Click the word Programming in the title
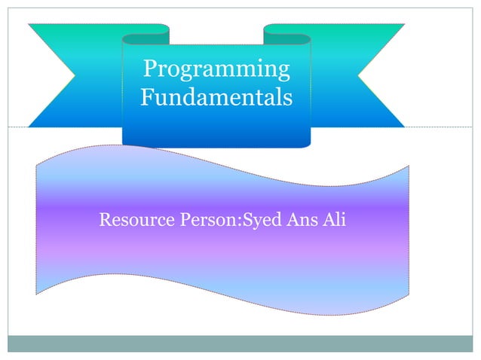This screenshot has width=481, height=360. click(216, 70)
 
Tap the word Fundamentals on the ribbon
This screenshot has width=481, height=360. click(216, 98)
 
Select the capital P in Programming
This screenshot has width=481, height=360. click(149, 70)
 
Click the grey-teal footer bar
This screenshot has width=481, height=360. click(240, 343)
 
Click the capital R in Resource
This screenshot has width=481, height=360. click(105, 221)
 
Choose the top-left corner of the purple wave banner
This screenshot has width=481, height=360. click(38, 160)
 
